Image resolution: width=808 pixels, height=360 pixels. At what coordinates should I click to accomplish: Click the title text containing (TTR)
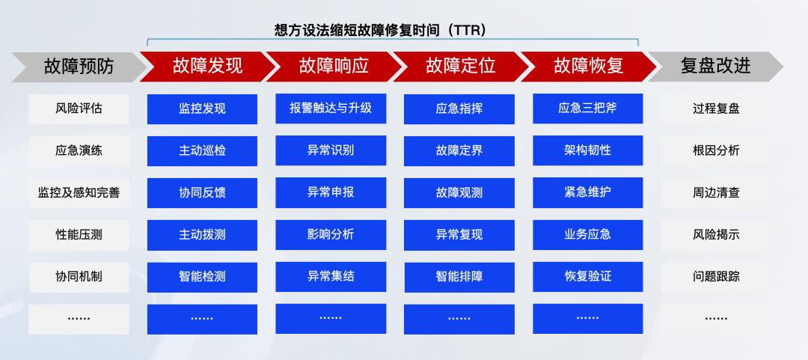coord(381,30)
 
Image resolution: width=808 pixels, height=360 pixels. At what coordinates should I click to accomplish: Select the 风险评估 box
coord(79,109)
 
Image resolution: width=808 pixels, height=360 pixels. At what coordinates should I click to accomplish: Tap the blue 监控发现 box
coord(202,109)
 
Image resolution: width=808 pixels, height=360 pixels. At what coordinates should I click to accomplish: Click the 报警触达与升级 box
coord(331,109)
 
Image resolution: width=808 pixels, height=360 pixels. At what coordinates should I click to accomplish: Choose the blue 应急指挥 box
coord(459,109)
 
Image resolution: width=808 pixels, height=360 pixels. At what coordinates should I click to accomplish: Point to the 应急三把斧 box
coord(588,109)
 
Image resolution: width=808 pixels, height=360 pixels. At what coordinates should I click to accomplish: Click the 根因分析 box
coord(716,150)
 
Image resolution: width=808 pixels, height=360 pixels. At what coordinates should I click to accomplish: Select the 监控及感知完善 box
coord(79,193)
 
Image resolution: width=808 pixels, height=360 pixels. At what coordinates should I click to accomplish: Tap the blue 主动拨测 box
coord(202,235)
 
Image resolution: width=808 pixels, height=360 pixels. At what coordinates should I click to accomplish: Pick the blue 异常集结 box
coord(331,276)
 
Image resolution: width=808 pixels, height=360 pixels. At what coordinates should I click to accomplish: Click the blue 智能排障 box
coord(459,277)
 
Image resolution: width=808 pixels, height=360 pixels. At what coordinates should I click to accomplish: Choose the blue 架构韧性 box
coord(588,150)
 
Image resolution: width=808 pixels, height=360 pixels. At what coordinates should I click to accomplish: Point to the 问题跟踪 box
coord(716,277)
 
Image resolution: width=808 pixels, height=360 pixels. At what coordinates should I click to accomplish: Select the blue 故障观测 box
coord(459,193)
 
